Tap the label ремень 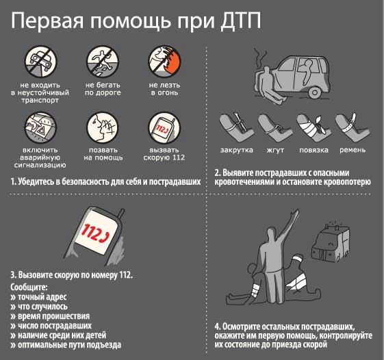click(x=352, y=149)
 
